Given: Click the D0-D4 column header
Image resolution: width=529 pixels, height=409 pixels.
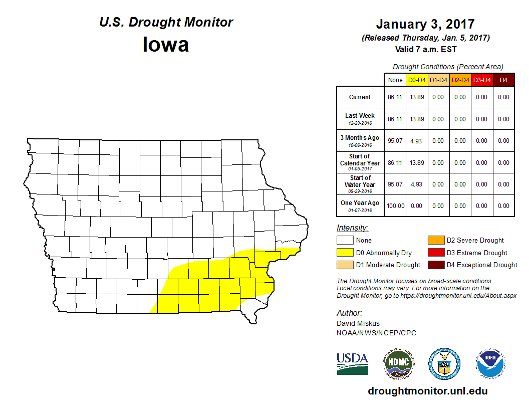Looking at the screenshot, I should point(417,80).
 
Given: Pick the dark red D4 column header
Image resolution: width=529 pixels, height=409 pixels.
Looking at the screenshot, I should point(503,80).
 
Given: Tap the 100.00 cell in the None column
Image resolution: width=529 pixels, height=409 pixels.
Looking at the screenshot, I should point(395,206).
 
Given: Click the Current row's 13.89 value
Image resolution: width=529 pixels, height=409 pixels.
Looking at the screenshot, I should point(417,97).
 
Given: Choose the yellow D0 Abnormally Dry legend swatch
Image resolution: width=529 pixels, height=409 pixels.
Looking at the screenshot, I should point(345,253).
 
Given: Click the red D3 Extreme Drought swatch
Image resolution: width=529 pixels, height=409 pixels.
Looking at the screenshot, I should point(436,253).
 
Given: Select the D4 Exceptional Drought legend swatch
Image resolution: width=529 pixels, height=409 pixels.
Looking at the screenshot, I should point(436,265).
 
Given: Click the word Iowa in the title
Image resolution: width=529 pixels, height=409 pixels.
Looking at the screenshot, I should point(166,45).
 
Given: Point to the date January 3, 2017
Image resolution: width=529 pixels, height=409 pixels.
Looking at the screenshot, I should point(425,24).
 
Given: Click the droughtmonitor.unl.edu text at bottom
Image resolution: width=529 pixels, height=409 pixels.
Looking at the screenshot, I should point(427,391).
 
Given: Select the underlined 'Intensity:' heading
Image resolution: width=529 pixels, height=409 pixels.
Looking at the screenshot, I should point(352,228).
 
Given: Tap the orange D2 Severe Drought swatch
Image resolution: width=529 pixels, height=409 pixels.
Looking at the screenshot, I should point(436,240).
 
